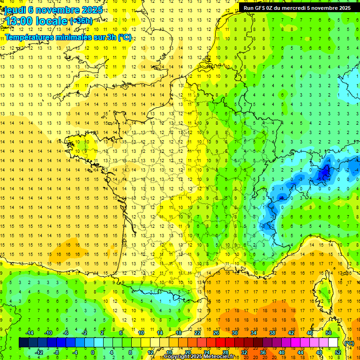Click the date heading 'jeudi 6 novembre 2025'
pyautogui.click(x=53, y=10)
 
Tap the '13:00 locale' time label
pyautogui.click(x=37, y=21)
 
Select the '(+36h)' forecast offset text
pyautogui.click(x=81, y=21)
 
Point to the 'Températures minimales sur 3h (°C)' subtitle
pyautogui.click(x=68, y=37)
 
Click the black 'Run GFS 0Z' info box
pyautogui.click(x=297, y=7)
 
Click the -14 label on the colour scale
pyautogui.click(x=29, y=333)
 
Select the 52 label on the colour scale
pyautogui.click(x=338, y=352)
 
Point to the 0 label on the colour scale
pyautogui.click(x=93, y=352)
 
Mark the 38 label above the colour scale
pyautogui.click(x=272, y=333)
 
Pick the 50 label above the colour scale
pyautogui.click(x=329, y=333)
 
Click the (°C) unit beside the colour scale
pyautogui.click(x=349, y=343)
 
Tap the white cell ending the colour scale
pyautogui.click(x=333, y=343)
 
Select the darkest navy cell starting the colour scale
pyautogui.click(x=23, y=343)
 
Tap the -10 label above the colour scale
pyautogui.click(x=48, y=333)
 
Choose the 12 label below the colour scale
pyautogui.click(x=150, y=352)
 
